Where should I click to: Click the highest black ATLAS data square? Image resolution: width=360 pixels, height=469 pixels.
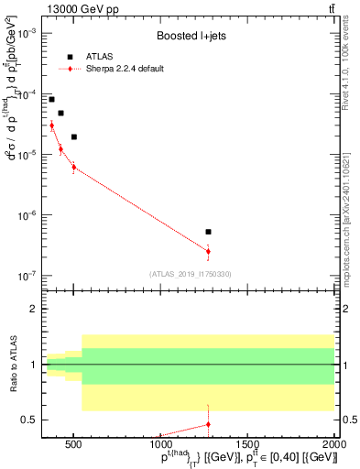click(x=51, y=99)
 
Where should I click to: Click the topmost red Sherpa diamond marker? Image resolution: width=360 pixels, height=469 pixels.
click(x=51, y=125)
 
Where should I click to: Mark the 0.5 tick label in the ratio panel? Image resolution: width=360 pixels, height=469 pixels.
click(x=28, y=420)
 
